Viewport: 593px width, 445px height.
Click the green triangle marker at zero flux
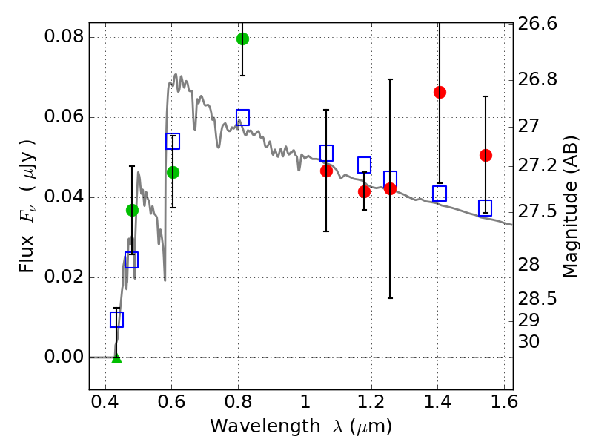116,358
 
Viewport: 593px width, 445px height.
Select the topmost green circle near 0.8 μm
242,39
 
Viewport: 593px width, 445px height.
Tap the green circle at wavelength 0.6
173,172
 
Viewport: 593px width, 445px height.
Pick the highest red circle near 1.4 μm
440,92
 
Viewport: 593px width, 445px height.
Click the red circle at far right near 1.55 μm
486,155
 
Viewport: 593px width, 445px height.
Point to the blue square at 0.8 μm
242,117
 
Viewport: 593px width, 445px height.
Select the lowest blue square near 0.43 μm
116,320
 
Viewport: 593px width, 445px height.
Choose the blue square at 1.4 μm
440,194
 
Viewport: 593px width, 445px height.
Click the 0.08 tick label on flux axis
64,38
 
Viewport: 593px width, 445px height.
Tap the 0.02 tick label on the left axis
64,277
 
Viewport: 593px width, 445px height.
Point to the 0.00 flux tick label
64,357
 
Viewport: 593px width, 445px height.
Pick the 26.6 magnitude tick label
537,24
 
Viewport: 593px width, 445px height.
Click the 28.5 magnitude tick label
537,299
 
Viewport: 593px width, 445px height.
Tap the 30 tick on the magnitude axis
529,342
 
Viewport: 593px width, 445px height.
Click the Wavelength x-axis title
300,426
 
